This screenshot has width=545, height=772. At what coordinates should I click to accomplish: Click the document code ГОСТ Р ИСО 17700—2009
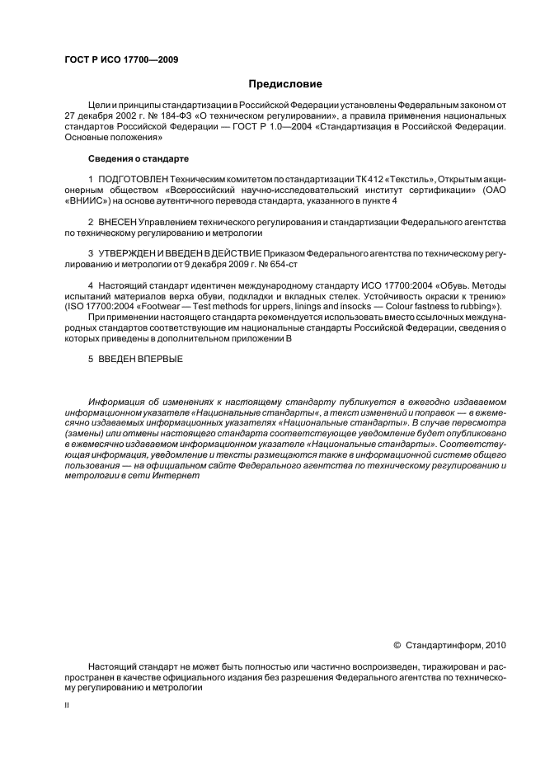[x=120, y=59]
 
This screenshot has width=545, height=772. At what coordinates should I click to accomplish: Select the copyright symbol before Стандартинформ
[x=397, y=645]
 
